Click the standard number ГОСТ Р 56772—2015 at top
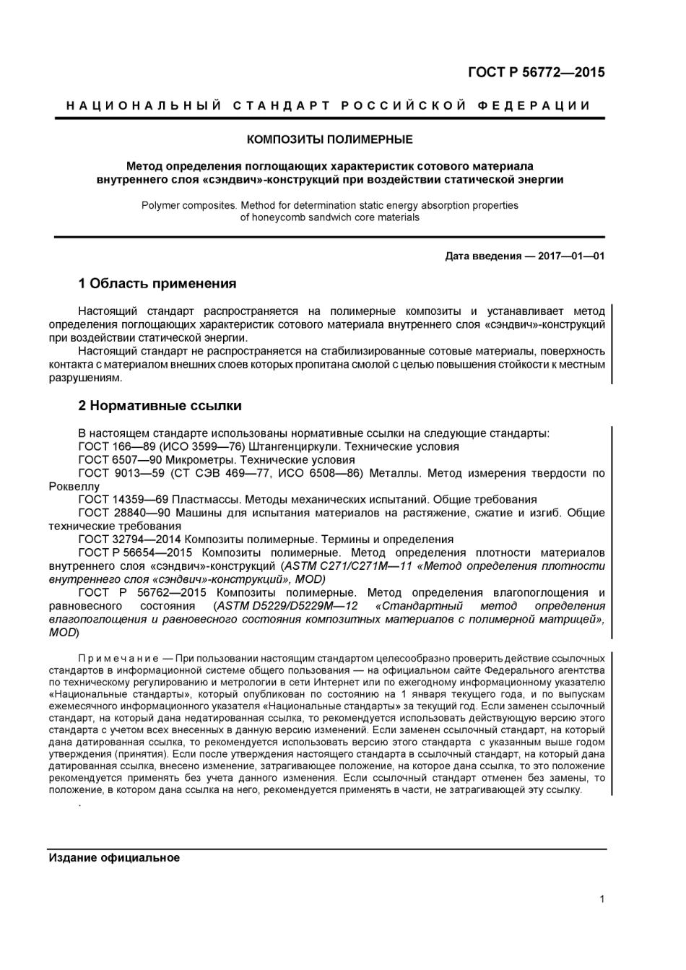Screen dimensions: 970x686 [536, 72]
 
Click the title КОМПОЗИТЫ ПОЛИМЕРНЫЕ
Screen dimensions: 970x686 [330, 139]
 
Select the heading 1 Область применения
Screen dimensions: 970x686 [157, 283]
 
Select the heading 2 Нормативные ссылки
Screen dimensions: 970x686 [160, 406]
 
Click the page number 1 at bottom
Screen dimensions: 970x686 [602, 899]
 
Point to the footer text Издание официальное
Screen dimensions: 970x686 [114, 858]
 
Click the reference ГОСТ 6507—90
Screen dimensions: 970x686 [120, 459]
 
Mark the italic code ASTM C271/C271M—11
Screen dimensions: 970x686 [349, 566]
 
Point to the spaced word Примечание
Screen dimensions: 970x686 [118, 659]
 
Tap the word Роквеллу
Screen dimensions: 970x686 [74, 486]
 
